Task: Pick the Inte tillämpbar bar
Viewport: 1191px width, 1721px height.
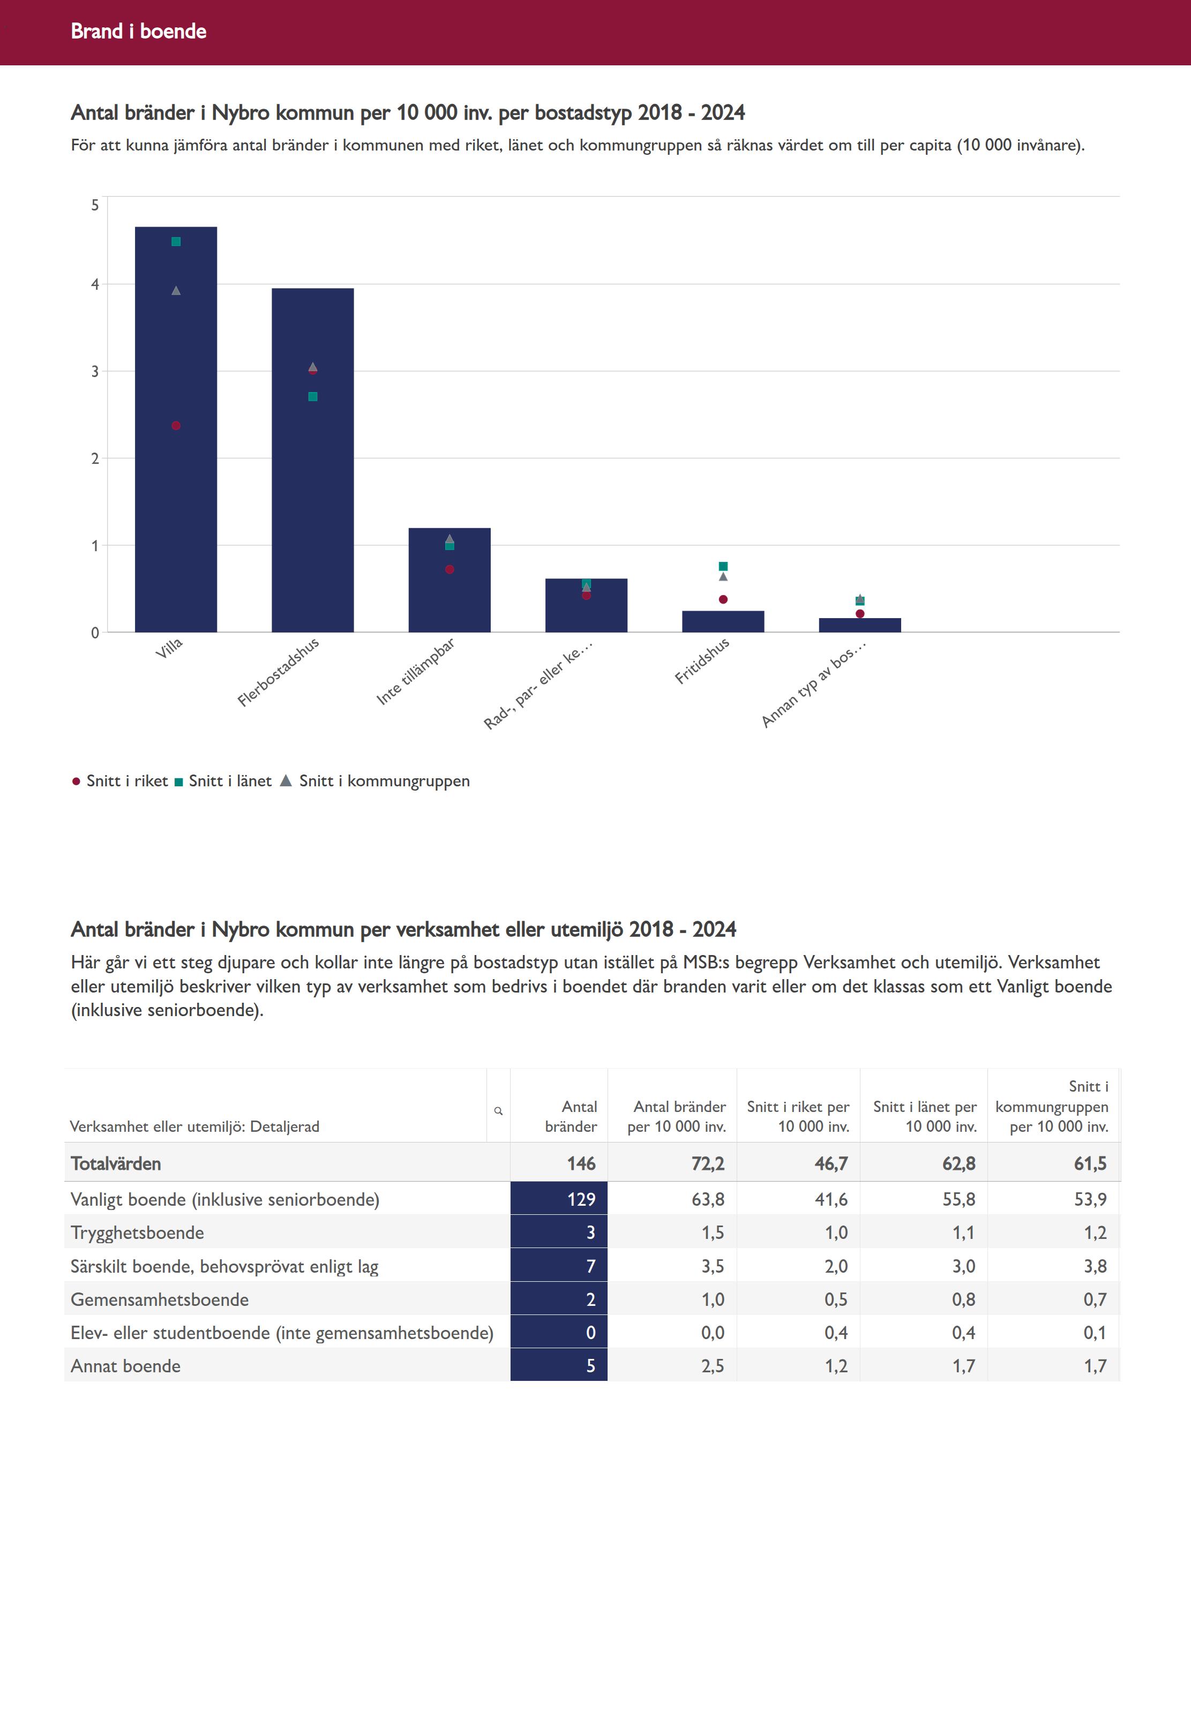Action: pyautogui.click(x=449, y=597)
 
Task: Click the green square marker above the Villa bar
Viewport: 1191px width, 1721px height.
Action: pyautogui.click(x=176, y=242)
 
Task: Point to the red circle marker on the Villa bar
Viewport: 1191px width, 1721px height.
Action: pyautogui.click(x=176, y=426)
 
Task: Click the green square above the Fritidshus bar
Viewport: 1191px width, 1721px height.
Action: pyautogui.click(x=723, y=567)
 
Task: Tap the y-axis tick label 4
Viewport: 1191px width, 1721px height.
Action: pyautogui.click(x=95, y=284)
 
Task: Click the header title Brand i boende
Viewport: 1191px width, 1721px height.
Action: pyautogui.click(x=139, y=31)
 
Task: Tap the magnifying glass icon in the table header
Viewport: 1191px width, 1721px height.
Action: pyautogui.click(x=498, y=1111)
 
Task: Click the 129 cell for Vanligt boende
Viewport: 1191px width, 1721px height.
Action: pyautogui.click(x=559, y=1199)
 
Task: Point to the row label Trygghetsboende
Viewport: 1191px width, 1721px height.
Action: pyautogui.click(x=137, y=1233)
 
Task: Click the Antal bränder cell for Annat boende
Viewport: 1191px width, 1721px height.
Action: pyautogui.click(x=559, y=1366)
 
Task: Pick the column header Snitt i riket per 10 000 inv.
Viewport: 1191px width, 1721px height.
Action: pyautogui.click(x=798, y=1117)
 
